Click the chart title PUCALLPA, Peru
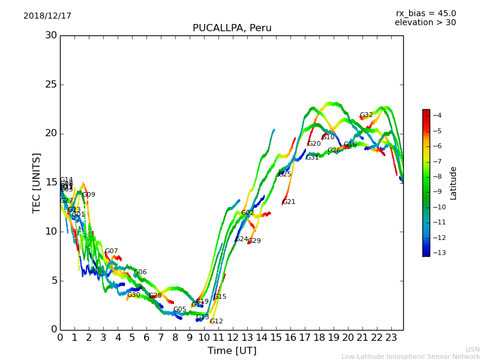pos(232,28)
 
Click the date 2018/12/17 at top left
pos(47,16)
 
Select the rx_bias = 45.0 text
pos(425,13)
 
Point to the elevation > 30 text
pos(425,23)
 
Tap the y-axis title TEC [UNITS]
pos(37,182)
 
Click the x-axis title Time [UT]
pos(232,351)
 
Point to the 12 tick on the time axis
pos(233,338)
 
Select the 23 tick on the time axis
pos(391,338)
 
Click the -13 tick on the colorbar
pos(437,253)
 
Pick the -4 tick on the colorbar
pos(437,115)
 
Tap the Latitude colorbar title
pos(454,182)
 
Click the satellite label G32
pos(366,115)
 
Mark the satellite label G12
pos(216,322)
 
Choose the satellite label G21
pos(289,202)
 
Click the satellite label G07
pos(111,251)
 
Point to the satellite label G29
pos(254,241)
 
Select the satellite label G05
pos(179,310)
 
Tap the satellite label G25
pos(284,175)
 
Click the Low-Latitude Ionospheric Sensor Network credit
pos(410,356)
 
